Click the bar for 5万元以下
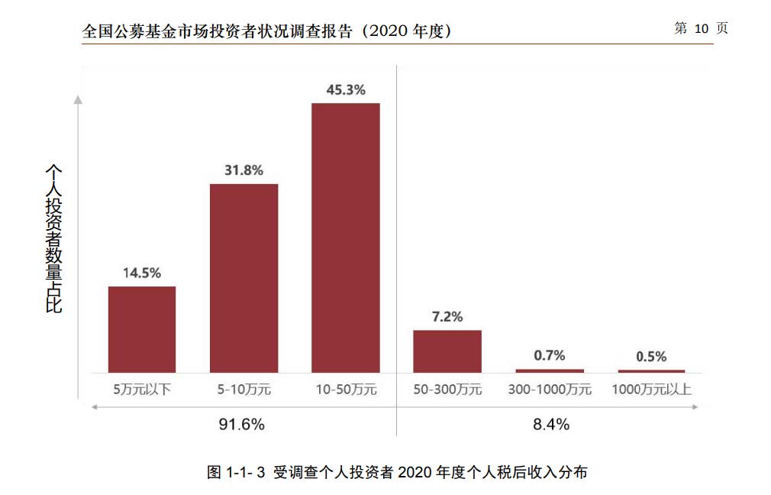point(142,329)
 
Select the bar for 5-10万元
point(244,278)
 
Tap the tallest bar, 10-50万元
point(345,238)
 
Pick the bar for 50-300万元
point(447,351)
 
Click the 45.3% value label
point(346,89)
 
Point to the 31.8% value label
point(244,170)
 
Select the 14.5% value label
point(142,273)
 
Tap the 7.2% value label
point(447,316)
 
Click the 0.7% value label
point(550,355)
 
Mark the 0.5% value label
point(651,357)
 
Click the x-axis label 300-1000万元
point(550,390)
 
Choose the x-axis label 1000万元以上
point(651,390)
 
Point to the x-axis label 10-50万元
point(346,390)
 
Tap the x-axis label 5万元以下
point(142,390)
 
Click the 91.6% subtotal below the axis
point(242,425)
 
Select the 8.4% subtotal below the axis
point(551,425)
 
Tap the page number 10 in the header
point(702,29)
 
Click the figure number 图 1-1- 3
point(236,472)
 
